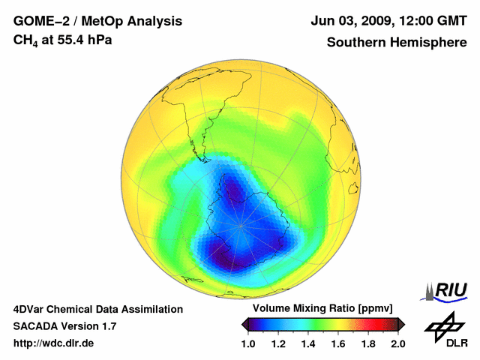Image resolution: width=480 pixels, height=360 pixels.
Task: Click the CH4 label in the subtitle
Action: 25,40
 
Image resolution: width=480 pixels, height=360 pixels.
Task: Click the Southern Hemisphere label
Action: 397,42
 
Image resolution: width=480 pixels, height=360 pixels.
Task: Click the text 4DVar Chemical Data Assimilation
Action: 97,309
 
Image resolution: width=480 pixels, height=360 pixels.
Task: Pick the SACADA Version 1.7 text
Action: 64,326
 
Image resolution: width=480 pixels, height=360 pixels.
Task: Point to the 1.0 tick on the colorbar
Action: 249,343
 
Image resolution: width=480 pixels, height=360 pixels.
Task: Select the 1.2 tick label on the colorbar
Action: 278,343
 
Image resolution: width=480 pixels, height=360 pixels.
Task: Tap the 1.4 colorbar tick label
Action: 308,343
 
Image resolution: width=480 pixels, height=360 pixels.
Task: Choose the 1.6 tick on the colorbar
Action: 338,343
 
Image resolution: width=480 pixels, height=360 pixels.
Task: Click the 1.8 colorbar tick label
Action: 367,343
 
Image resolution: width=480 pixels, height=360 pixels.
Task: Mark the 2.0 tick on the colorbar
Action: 397,343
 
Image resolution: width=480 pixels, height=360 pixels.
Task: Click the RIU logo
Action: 445,290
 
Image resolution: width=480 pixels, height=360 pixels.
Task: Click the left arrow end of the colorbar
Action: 244,324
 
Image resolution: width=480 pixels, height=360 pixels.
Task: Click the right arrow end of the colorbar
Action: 401,324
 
